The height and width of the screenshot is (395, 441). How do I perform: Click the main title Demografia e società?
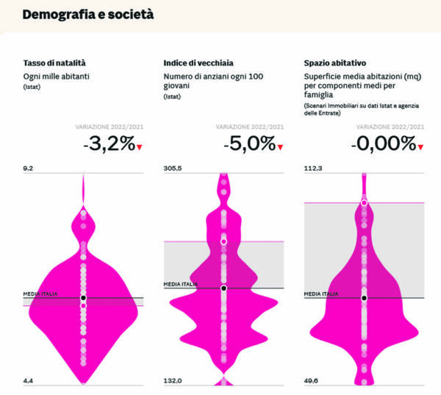click(88, 14)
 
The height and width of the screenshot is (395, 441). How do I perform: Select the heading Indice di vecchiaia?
click(197, 63)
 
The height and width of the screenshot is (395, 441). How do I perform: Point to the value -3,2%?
click(110, 143)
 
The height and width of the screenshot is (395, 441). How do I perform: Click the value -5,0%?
click(249, 143)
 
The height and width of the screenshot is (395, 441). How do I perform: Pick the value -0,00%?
click(383, 143)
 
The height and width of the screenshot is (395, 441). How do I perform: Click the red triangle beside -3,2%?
click(140, 147)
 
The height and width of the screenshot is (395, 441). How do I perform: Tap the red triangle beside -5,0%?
click(279, 147)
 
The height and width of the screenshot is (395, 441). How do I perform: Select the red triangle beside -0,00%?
click(421, 147)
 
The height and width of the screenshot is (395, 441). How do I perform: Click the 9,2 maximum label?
click(29, 168)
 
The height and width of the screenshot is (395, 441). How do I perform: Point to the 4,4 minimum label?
click(29, 380)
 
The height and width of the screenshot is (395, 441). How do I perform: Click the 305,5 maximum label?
click(173, 168)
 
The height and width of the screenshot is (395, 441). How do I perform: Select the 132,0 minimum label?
click(173, 380)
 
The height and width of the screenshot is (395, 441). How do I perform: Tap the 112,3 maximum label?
click(313, 168)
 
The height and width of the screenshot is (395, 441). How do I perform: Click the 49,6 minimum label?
click(312, 380)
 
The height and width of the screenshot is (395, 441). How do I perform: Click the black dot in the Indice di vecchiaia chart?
click(223, 288)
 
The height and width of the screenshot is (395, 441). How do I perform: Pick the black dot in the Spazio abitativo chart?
click(364, 298)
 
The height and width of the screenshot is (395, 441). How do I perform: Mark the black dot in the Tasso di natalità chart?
click(83, 298)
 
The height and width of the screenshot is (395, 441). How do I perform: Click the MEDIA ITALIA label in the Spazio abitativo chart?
click(321, 293)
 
